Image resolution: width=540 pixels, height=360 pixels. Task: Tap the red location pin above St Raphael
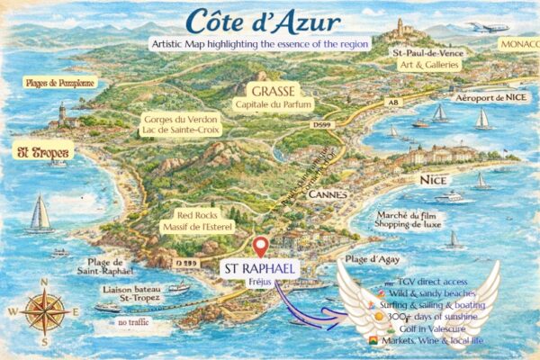(262, 246)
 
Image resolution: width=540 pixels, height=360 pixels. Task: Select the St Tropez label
(41, 154)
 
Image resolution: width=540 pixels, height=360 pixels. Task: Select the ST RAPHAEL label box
(262, 271)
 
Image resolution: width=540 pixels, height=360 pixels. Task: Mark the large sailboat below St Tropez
(41, 214)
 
